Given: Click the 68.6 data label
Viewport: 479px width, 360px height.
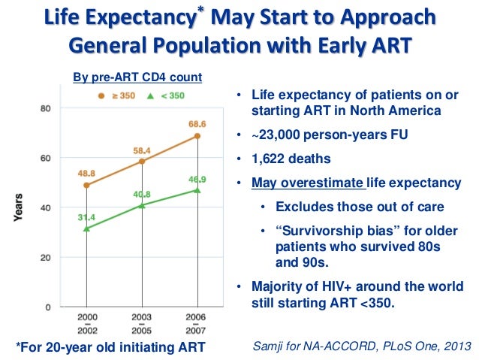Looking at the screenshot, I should coord(197,123).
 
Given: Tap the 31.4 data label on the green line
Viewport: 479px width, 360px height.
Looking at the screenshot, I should coord(87,216).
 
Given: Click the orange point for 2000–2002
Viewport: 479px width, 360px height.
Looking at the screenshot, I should coord(87,185).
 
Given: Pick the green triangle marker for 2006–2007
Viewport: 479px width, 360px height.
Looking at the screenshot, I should coord(197,189).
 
